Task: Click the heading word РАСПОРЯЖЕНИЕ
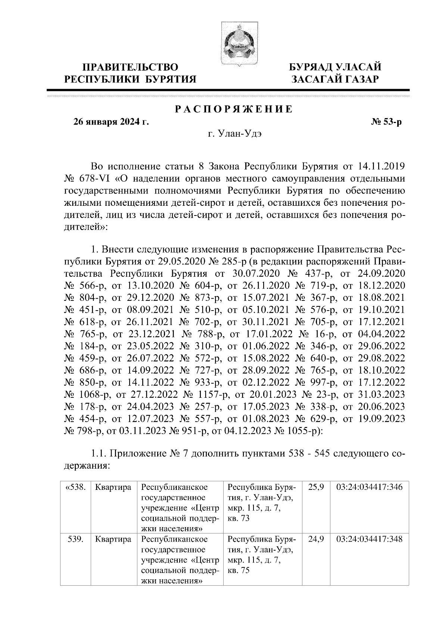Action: click(234, 109)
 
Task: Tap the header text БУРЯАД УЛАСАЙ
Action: click(336, 67)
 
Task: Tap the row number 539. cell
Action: click(76, 539)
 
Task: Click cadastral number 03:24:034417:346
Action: click(370, 487)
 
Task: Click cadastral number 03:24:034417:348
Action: click(370, 539)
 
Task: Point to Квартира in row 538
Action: click(113, 487)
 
